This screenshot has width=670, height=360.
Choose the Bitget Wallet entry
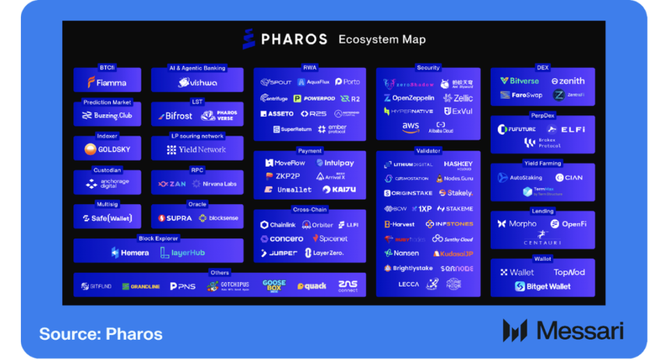(x=542, y=286)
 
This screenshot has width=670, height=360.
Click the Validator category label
(x=428, y=150)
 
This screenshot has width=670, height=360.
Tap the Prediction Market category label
(x=107, y=102)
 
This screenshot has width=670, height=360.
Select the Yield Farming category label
(x=542, y=163)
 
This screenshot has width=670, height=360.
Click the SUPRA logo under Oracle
(x=175, y=218)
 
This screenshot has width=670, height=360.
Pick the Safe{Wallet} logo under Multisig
(x=107, y=218)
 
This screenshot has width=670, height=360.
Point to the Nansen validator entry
(x=401, y=253)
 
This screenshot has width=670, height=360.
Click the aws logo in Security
(x=411, y=126)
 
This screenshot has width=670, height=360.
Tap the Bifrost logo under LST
(x=174, y=116)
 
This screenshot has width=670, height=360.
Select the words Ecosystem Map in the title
(x=382, y=39)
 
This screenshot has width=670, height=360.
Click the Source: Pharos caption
(x=100, y=334)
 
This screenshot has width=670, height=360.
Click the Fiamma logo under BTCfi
(x=107, y=82)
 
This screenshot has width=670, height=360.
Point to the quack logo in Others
(x=311, y=286)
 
